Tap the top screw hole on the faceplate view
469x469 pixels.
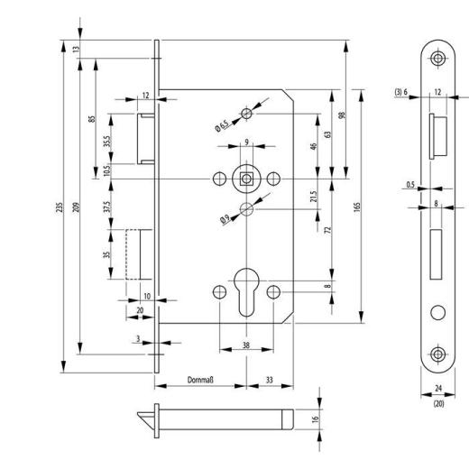pos(437,59)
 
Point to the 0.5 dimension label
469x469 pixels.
pos(410,186)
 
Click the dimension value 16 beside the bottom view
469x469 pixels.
pos(328,419)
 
